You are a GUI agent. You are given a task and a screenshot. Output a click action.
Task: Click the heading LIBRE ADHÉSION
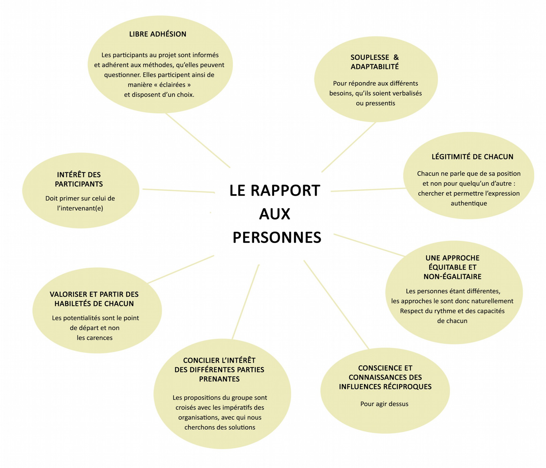pyautogui.click(x=158, y=34)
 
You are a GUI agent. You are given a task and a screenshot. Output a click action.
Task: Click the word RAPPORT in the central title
pyautogui.click(x=285, y=191)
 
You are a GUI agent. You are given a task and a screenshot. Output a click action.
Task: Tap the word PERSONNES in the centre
pyautogui.click(x=277, y=237)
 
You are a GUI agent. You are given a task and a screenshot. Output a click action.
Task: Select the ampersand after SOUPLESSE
pyautogui.click(x=396, y=57)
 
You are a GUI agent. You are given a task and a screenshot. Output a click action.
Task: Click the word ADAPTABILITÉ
pyautogui.click(x=374, y=67)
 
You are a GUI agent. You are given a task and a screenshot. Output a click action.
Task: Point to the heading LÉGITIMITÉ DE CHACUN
pyautogui.click(x=472, y=157)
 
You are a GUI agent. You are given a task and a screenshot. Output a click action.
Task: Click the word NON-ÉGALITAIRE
pyautogui.click(x=452, y=277)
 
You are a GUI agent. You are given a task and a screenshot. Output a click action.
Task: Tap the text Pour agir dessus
pyautogui.click(x=384, y=404)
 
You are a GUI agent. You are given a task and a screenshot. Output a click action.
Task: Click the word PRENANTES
pyautogui.click(x=219, y=379)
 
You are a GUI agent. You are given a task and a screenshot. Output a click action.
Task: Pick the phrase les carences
pyautogui.click(x=94, y=338)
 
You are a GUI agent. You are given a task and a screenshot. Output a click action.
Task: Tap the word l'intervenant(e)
pyautogui.click(x=80, y=208)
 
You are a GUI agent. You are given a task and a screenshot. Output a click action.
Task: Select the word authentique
pyautogui.click(x=468, y=203)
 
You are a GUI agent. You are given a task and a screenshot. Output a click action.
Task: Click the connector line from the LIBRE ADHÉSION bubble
pyautogui.click(x=198, y=140)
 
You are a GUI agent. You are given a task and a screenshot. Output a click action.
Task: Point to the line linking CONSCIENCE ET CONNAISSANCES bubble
pyautogui.click(x=336, y=305)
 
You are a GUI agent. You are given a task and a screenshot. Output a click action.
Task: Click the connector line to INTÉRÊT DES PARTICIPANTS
pyautogui.click(x=179, y=191)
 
